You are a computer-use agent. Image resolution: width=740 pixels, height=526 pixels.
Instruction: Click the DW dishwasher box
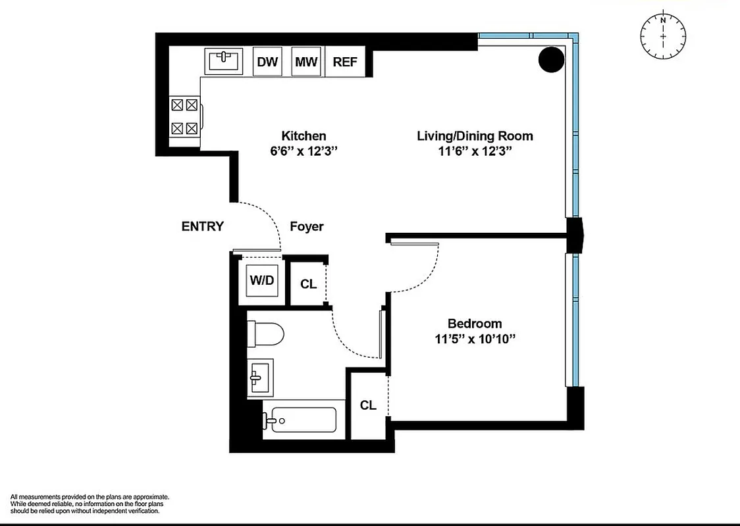pyautogui.click(x=267, y=62)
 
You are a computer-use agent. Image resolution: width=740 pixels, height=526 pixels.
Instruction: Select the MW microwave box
pyautogui.click(x=306, y=62)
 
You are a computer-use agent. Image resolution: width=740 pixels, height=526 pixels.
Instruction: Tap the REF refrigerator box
pyautogui.click(x=345, y=62)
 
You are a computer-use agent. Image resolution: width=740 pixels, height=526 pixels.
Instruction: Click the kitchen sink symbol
pyautogui.click(x=225, y=61)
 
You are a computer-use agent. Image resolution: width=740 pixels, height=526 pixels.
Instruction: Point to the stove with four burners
pyautogui.click(x=184, y=116)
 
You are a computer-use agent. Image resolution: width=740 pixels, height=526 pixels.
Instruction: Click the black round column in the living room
pyautogui.click(x=552, y=60)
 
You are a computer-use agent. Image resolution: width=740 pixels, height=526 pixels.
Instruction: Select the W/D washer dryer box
pyautogui.click(x=261, y=279)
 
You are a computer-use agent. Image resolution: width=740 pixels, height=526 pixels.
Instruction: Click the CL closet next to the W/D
pyautogui.click(x=308, y=284)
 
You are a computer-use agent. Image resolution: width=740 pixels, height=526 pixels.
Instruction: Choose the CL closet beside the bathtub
pyautogui.click(x=367, y=405)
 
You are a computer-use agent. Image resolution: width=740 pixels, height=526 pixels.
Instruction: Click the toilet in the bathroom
pyautogui.click(x=265, y=335)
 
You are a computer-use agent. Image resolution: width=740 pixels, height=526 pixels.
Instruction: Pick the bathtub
pyautogui.click(x=300, y=419)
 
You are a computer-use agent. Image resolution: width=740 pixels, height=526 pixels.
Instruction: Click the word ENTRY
pyautogui.click(x=202, y=226)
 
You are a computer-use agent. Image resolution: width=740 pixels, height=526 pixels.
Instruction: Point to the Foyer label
pyautogui.click(x=307, y=226)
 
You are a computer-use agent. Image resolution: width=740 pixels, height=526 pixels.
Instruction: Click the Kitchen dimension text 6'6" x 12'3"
pyautogui.click(x=304, y=151)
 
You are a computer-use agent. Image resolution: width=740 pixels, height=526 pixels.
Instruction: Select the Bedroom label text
pyautogui.click(x=474, y=323)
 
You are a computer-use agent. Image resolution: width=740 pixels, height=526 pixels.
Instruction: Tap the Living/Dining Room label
pyautogui.click(x=475, y=136)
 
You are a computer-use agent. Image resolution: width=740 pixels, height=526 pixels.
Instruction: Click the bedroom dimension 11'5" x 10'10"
pyautogui.click(x=474, y=339)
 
